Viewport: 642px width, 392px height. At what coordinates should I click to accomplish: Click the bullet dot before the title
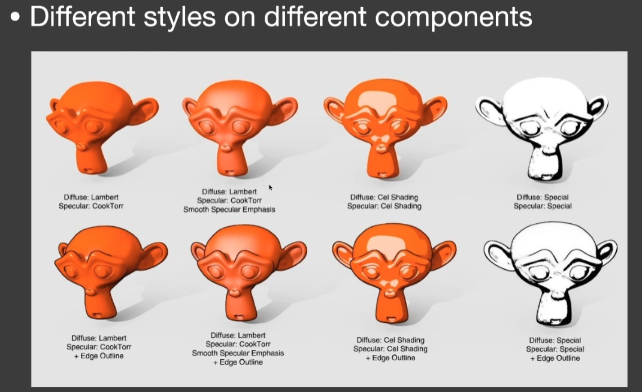pyautogui.click(x=15, y=17)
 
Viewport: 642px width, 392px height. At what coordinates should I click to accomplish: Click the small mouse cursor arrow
pyautogui.click(x=270, y=187)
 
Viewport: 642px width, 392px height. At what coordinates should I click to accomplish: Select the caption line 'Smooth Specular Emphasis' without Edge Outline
pyautogui.click(x=229, y=209)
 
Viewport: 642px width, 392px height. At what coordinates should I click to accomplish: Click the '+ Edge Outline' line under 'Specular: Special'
pyautogui.click(x=555, y=358)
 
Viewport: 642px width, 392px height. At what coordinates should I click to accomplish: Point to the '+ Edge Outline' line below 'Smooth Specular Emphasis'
pyautogui.click(x=238, y=362)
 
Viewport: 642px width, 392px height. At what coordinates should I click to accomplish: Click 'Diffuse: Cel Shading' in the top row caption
pyautogui.click(x=384, y=197)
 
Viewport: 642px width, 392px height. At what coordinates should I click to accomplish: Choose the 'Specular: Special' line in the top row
pyautogui.click(x=543, y=206)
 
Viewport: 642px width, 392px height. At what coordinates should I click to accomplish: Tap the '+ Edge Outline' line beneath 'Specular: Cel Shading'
pyautogui.click(x=390, y=358)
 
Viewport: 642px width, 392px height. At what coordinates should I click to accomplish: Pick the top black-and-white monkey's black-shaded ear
pyautogui.click(x=596, y=107)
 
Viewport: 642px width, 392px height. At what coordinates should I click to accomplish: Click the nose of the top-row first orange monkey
pyautogui.click(x=82, y=146)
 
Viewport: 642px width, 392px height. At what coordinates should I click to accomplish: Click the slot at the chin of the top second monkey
pyautogui.click(x=231, y=172)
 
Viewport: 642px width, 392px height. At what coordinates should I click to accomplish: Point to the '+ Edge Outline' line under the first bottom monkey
pyautogui.click(x=99, y=356)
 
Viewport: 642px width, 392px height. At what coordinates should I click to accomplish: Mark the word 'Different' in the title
pyautogui.click(x=83, y=17)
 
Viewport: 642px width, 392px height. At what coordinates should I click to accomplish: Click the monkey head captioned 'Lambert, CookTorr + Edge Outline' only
pyautogui.click(x=111, y=272)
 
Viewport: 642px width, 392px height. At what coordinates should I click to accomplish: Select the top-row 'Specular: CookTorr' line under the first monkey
pyautogui.click(x=91, y=206)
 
